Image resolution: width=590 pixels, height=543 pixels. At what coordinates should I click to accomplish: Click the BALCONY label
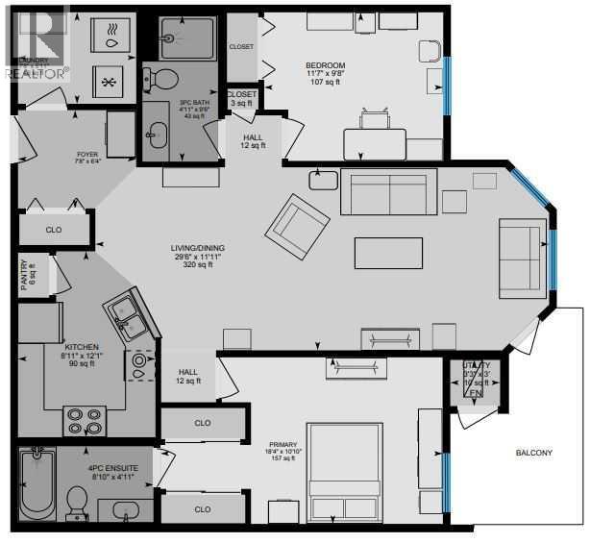pos(532,453)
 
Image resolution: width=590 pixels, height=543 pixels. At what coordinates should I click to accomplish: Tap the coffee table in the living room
pos(387,252)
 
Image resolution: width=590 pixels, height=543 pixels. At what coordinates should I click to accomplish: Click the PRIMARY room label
pos(283,444)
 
